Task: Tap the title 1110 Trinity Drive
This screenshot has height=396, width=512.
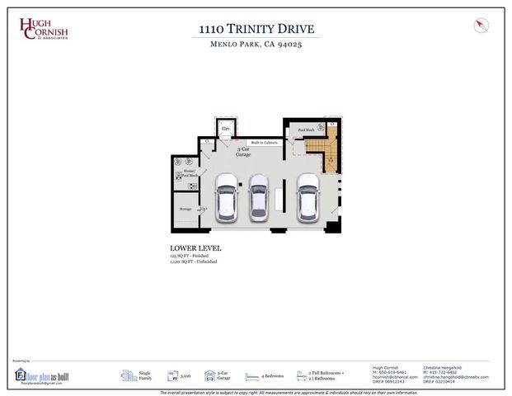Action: pyautogui.click(x=256, y=30)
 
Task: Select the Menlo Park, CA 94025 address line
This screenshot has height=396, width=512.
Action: pyautogui.click(x=256, y=45)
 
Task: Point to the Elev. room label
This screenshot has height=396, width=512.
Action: pyautogui.click(x=225, y=130)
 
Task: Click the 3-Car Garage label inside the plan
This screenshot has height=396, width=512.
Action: pyautogui.click(x=243, y=153)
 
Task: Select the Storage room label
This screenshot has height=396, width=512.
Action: pyautogui.click(x=186, y=210)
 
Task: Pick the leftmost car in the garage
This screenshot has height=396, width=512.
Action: pyautogui.click(x=226, y=198)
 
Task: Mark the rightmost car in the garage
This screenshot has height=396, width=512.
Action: pyautogui.click(x=308, y=198)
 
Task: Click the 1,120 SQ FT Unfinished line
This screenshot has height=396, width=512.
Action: pyautogui.click(x=194, y=262)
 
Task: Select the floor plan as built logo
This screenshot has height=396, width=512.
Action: pyautogui.click(x=39, y=376)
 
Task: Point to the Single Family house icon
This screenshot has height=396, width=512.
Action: pyautogui.click(x=129, y=375)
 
